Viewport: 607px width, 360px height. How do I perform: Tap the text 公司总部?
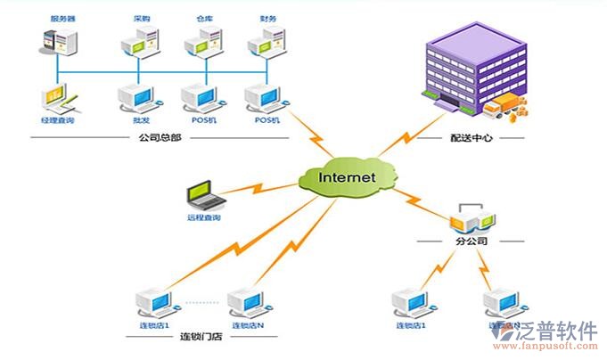click(x=160, y=137)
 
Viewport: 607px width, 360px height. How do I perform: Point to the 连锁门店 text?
click(x=202, y=336)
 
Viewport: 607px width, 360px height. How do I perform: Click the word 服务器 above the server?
click(x=63, y=17)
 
